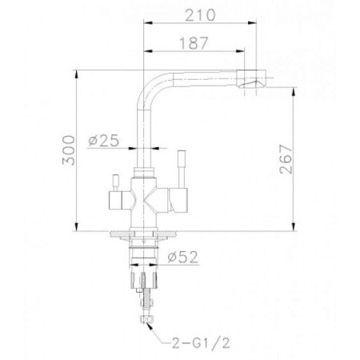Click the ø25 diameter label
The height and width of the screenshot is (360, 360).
coord(104,141)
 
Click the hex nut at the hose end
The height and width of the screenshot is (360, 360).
coord(145,321)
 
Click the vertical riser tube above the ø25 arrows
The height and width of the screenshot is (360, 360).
coord(144,120)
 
